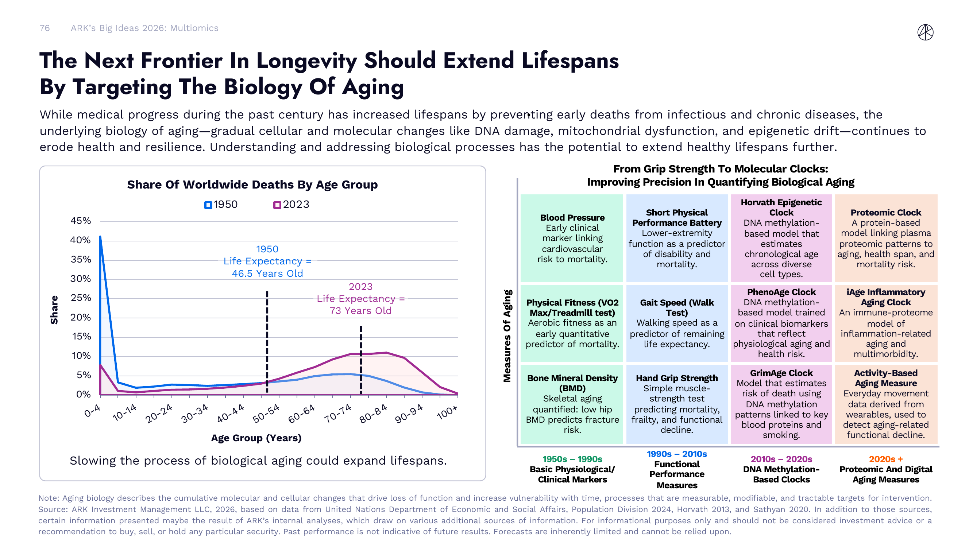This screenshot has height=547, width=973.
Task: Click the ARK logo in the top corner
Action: (x=925, y=32)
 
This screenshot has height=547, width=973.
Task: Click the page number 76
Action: (x=45, y=28)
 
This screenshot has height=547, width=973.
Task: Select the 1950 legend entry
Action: (x=221, y=205)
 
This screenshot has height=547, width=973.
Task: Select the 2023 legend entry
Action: (x=291, y=205)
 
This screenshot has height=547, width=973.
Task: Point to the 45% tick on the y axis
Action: (x=81, y=221)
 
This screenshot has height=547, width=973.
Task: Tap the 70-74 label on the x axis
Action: (x=338, y=414)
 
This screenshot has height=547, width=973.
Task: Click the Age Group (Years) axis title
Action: (x=256, y=438)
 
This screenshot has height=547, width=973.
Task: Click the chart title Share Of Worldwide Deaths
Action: (x=252, y=185)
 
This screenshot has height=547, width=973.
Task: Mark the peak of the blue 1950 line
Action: (x=100, y=237)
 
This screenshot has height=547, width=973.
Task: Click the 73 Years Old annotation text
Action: (x=360, y=311)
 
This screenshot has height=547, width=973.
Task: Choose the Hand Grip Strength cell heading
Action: (x=676, y=378)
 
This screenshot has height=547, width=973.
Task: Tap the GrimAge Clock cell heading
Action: (x=781, y=373)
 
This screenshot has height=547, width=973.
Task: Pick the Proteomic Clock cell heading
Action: (x=885, y=213)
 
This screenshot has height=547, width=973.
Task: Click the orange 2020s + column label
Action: (x=885, y=459)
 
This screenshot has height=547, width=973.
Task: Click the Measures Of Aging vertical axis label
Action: (x=507, y=336)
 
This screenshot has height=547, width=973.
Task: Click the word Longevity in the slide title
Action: (x=306, y=61)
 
